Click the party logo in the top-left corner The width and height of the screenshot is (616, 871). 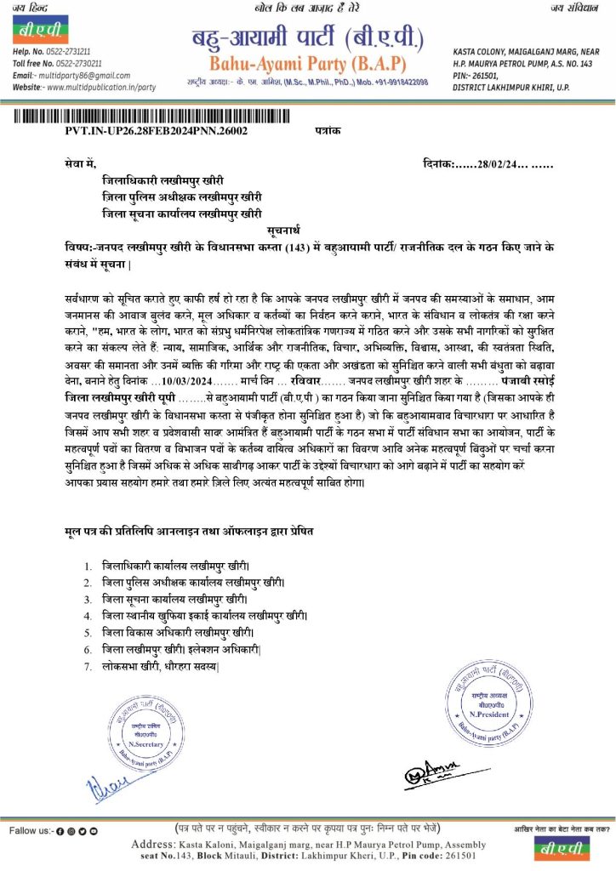[x=35, y=31]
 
